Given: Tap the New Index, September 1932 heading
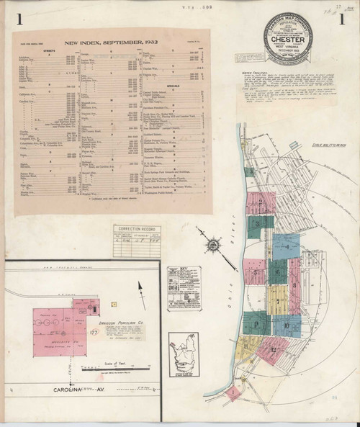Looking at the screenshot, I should pyautogui.click(x=109, y=43).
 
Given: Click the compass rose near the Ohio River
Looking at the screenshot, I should pyautogui.click(x=214, y=247).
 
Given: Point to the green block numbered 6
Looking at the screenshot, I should pyautogui.click(x=278, y=272).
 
